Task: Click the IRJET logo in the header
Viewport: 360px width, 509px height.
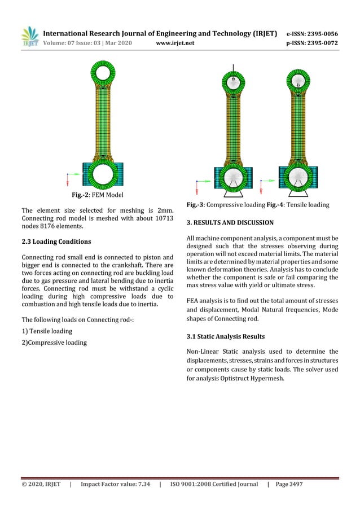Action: point(29,37)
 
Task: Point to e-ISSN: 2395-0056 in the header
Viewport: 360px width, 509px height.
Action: point(313,33)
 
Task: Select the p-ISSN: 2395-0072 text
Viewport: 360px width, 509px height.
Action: point(313,43)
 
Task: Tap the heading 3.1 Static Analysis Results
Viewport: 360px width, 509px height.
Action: point(225,337)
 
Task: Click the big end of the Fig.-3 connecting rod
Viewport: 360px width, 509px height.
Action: point(232,178)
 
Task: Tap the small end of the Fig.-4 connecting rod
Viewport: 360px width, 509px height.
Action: point(298,82)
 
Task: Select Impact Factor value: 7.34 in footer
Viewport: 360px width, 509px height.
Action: point(115,484)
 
